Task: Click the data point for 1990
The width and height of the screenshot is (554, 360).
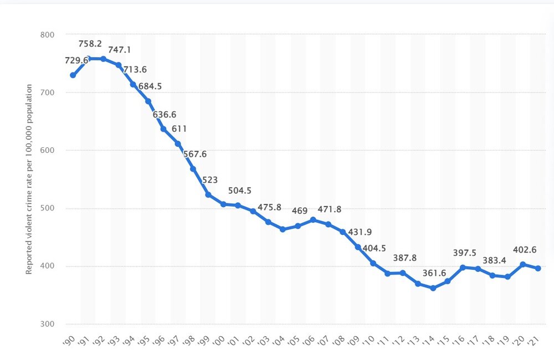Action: [73, 75]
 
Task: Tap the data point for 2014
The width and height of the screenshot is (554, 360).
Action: [433, 288]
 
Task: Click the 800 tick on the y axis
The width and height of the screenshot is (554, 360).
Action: [48, 34]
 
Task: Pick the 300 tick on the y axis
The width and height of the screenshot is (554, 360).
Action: [48, 324]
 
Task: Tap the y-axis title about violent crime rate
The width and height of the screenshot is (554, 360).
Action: [29, 179]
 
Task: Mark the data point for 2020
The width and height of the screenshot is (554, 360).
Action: [522, 264]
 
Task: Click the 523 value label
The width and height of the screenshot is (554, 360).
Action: [210, 180]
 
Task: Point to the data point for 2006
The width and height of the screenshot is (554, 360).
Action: [313, 220]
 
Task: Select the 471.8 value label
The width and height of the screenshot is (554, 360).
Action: [330, 209]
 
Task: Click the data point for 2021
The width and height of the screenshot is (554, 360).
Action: [537, 268]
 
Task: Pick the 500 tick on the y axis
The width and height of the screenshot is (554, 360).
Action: [48, 208]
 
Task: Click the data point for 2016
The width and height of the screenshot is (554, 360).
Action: [463, 268]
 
